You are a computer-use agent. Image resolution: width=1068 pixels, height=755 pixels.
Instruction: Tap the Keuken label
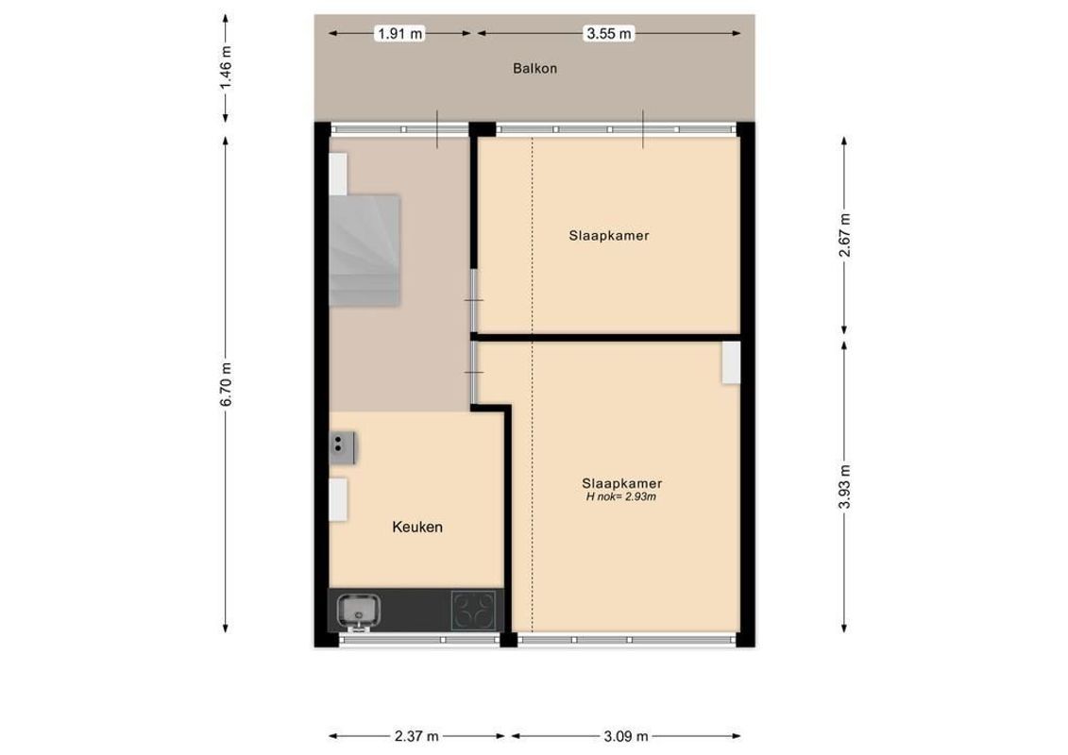[417, 528]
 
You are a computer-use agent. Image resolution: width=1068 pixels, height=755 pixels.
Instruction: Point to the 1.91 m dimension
[400, 34]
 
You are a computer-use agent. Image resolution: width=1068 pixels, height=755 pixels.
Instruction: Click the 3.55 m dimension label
[609, 34]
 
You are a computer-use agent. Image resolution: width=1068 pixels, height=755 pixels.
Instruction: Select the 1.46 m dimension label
[225, 69]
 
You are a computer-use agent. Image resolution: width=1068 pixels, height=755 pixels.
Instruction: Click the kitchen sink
[358, 610]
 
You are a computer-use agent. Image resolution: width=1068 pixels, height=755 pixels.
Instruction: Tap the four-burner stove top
[474, 610]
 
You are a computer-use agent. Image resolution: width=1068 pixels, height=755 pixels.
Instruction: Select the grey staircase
[366, 250]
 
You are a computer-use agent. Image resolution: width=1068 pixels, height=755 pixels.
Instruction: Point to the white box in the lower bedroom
[731, 363]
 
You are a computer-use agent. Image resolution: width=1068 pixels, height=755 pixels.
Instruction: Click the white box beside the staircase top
[338, 174]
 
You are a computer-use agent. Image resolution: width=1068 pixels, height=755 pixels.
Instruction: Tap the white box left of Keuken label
[338, 500]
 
